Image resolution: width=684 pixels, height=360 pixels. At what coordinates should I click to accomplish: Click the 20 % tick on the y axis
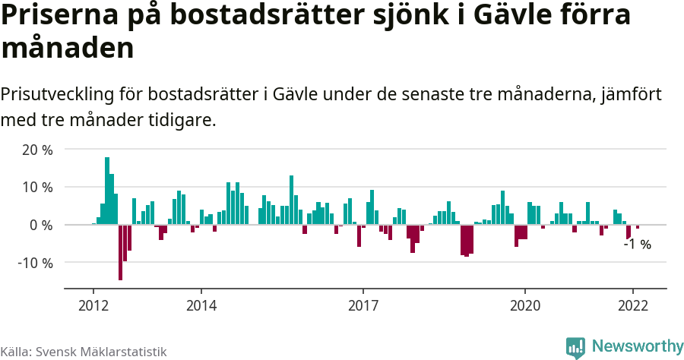click(37, 150)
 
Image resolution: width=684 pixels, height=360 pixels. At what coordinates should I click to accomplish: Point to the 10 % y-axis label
click(37, 187)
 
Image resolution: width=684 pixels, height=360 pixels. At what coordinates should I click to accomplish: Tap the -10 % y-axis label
click(35, 263)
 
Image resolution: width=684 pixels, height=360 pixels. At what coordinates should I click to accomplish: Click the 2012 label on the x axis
click(93, 305)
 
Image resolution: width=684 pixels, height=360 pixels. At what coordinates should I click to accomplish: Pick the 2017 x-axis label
click(363, 305)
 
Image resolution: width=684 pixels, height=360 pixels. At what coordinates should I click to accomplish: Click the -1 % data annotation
click(637, 245)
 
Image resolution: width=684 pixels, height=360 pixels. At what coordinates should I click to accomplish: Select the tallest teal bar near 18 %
click(107, 191)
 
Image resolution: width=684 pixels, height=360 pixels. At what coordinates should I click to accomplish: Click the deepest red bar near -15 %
click(120, 252)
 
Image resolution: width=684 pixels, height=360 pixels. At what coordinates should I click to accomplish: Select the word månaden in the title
click(68, 48)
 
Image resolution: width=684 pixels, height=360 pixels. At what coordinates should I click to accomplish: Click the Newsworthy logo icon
click(575, 347)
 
